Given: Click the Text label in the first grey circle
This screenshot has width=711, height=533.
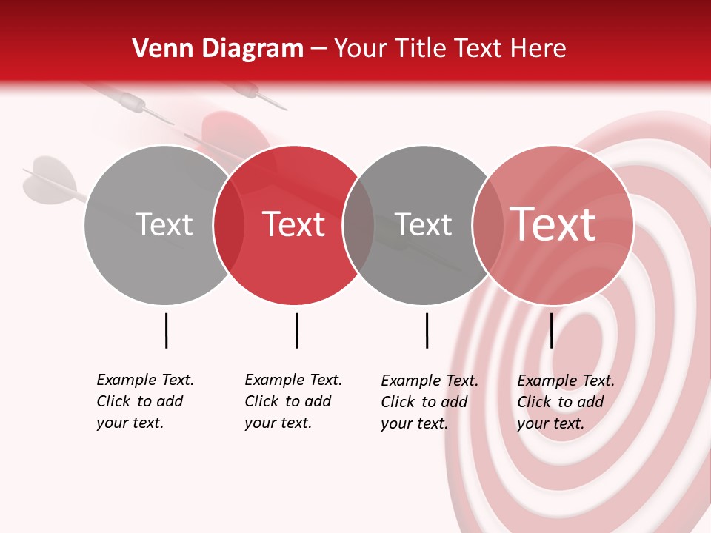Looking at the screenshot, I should click(x=164, y=224).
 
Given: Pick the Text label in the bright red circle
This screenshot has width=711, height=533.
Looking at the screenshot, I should click(x=294, y=224).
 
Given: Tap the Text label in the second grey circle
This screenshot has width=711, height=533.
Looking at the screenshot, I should click(x=423, y=224).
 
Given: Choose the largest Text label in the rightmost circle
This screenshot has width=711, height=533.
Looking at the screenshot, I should click(x=553, y=224).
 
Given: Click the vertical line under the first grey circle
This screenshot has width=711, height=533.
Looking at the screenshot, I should click(x=166, y=330).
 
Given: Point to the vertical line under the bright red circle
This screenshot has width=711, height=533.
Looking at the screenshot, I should click(x=296, y=330).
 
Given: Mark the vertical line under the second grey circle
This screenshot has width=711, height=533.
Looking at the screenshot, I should click(x=427, y=330).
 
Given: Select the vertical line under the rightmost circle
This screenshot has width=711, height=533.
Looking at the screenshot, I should click(x=551, y=330).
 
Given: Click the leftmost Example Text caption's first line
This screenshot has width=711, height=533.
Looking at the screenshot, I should click(x=145, y=380).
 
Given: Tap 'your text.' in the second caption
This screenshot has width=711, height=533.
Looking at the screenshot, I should click(x=278, y=423).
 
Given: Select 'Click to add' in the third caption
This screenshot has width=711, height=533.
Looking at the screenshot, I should click(x=424, y=402).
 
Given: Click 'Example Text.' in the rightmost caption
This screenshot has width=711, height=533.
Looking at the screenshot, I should click(x=566, y=381).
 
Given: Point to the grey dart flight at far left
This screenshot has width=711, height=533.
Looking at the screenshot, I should click(x=46, y=178).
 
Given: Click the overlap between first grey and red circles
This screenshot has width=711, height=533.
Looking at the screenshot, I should click(x=229, y=225).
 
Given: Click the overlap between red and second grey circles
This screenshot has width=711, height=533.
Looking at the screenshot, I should click(x=358, y=225).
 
